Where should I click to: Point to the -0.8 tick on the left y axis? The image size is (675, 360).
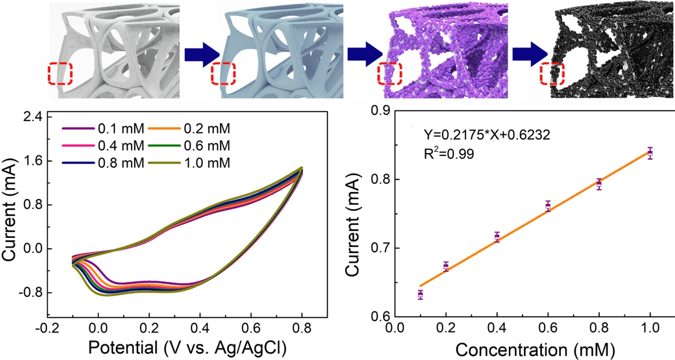pos(28,293)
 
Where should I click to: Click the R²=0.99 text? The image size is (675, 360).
pos(449,154)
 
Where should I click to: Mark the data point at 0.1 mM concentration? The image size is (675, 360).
pos(420,295)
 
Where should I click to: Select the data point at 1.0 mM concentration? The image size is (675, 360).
pos(650,153)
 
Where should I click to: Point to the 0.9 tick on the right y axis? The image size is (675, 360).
pos(381,111)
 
